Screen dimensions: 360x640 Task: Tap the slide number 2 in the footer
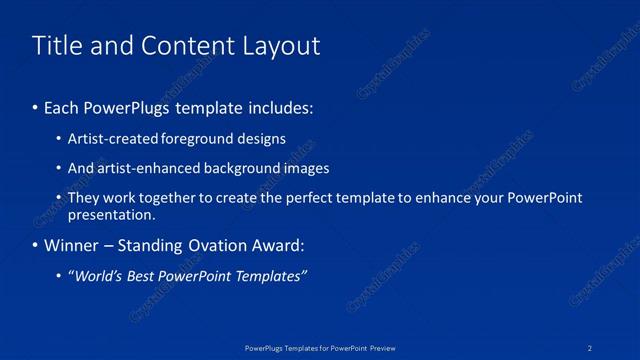point(590,347)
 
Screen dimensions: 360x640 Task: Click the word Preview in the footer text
point(382,347)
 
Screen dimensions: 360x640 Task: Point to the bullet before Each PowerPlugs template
point(36,107)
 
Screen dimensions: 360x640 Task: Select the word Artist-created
point(106,139)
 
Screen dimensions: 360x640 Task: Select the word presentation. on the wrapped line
point(111,214)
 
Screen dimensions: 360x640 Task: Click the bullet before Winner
point(36,245)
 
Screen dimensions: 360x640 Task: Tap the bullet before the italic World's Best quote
point(59,276)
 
